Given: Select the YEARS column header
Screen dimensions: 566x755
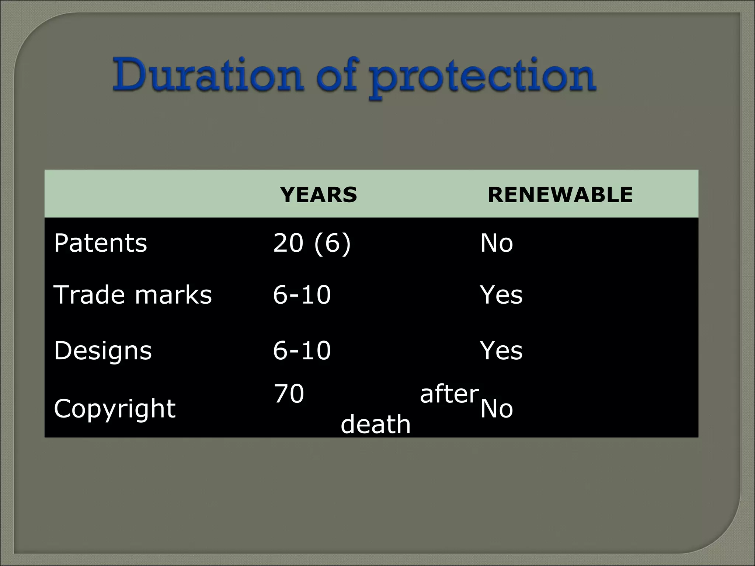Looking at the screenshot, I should pyautogui.click(x=319, y=195).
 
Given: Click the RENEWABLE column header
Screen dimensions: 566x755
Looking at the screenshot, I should pyautogui.click(x=560, y=195).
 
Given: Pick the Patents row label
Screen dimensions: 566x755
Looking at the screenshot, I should pyautogui.click(x=100, y=243).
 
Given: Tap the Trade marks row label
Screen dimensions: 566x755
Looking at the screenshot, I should pyautogui.click(x=133, y=295).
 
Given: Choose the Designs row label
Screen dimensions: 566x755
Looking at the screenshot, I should pyautogui.click(x=103, y=350).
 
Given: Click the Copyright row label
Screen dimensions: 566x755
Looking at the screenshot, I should pyautogui.click(x=115, y=409).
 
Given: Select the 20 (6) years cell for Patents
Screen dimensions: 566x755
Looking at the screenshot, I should pyautogui.click(x=312, y=243).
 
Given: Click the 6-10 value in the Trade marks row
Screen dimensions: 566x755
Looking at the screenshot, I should pyautogui.click(x=302, y=295).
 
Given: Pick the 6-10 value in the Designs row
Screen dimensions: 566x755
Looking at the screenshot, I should pyautogui.click(x=302, y=350).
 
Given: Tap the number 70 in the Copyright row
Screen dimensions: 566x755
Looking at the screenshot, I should pyautogui.click(x=289, y=394).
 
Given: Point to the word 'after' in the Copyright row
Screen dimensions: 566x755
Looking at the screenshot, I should pyautogui.click(x=449, y=394).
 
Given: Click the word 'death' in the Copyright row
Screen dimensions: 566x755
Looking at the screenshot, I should pyautogui.click(x=375, y=424).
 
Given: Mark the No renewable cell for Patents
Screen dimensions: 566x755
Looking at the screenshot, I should pyautogui.click(x=497, y=243).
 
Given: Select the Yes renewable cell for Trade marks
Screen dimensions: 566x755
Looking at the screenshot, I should pyautogui.click(x=501, y=295).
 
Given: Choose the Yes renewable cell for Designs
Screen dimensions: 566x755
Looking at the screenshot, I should pyautogui.click(x=501, y=350).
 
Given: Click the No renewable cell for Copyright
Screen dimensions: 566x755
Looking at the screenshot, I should pyautogui.click(x=497, y=409).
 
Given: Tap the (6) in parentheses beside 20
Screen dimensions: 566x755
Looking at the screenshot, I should pyautogui.click(x=332, y=243).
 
